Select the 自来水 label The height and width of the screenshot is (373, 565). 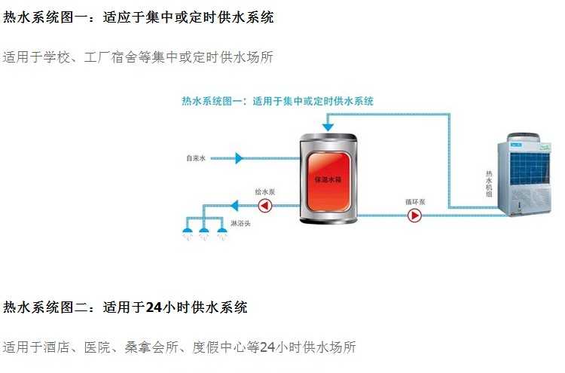[196, 158]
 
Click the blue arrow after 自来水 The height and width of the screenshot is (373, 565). [239, 158]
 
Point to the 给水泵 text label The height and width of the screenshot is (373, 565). [265, 192]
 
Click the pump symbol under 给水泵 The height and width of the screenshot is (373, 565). [265, 205]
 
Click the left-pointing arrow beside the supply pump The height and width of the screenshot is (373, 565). [234, 205]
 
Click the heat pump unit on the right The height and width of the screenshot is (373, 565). [530, 178]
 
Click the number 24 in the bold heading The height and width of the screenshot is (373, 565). [153, 307]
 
